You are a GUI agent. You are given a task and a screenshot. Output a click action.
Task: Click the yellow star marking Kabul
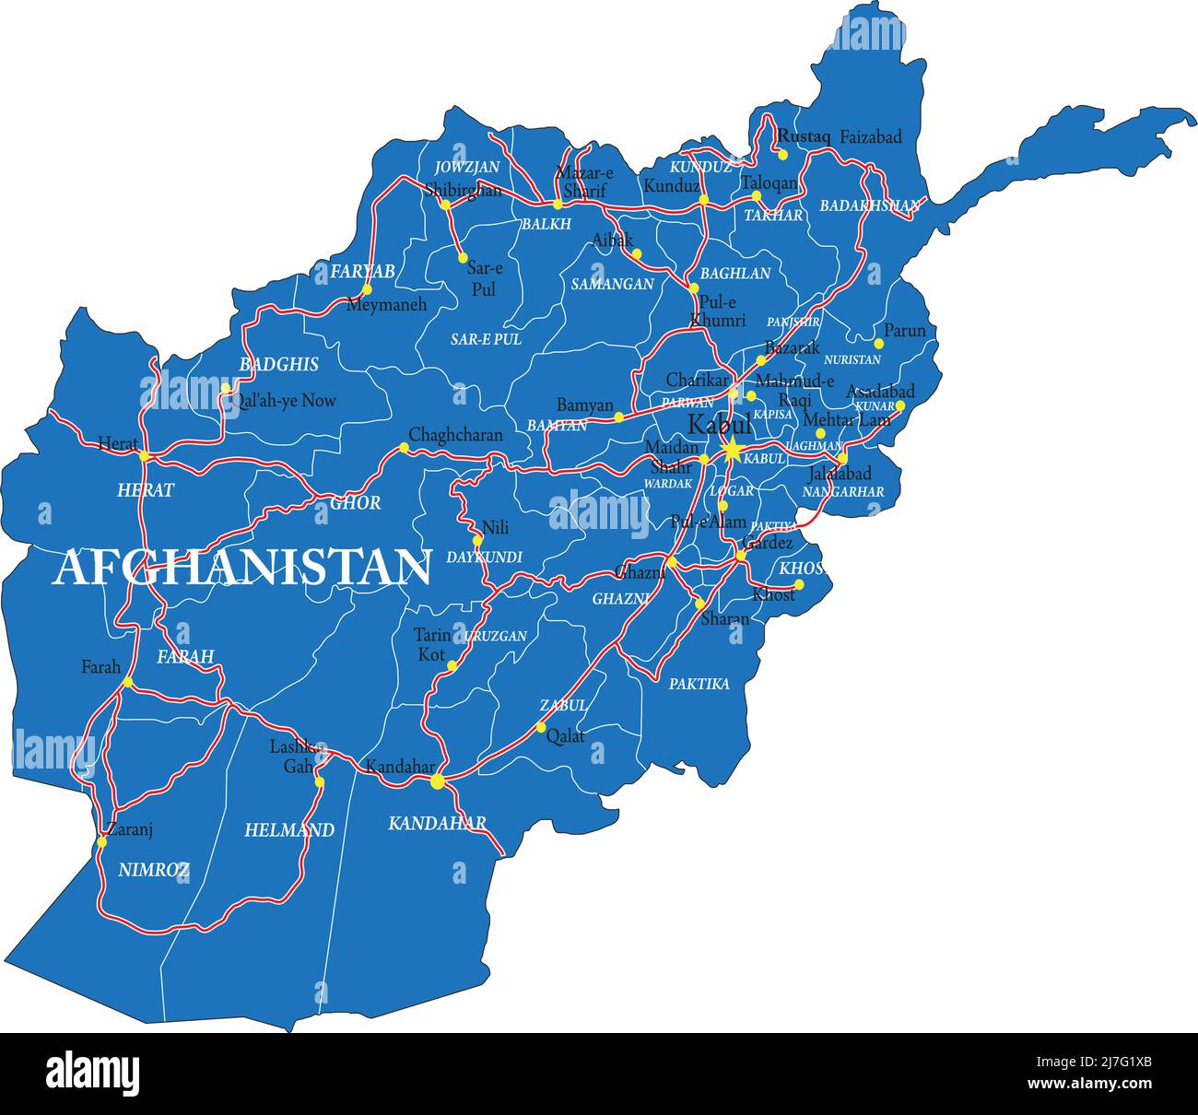click(x=731, y=450)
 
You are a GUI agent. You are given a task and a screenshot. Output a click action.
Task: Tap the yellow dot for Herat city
click(x=144, y=455)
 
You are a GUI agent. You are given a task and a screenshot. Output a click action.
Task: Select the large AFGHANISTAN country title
click(x=242, y=568)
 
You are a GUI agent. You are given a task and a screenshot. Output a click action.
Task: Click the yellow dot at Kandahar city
click(x=437, y=782)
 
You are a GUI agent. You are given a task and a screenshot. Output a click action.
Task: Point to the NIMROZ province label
click(x=154, y=869)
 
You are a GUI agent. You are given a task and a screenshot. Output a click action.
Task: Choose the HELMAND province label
click(x=288, y=830)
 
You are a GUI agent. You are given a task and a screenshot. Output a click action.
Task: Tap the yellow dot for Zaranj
click(x=101, y=842)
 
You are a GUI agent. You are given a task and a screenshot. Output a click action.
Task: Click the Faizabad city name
click(x=870, y=137)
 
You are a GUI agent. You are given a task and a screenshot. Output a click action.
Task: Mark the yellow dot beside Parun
click(x=879, y=344)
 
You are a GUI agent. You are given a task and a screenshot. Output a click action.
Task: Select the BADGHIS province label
click(x=278, y=364)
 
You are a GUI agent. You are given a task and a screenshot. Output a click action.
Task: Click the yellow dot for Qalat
click(x=541, y=727)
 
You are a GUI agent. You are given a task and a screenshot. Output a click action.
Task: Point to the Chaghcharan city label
click(x=455, y=434)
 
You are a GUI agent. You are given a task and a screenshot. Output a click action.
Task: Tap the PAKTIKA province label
click(x=699, y=684)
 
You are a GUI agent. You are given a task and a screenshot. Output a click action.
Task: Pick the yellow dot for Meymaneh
click(x=367, y=289)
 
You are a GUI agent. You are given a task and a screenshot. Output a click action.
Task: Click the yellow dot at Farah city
click(x=128, y=682)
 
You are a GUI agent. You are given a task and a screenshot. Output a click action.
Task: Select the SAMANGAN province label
click(x=612, y=284)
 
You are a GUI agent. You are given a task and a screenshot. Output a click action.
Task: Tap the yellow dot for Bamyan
click(x=618, y=417)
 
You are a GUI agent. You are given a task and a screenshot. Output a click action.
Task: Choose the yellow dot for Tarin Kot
click(x=452, y=665)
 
